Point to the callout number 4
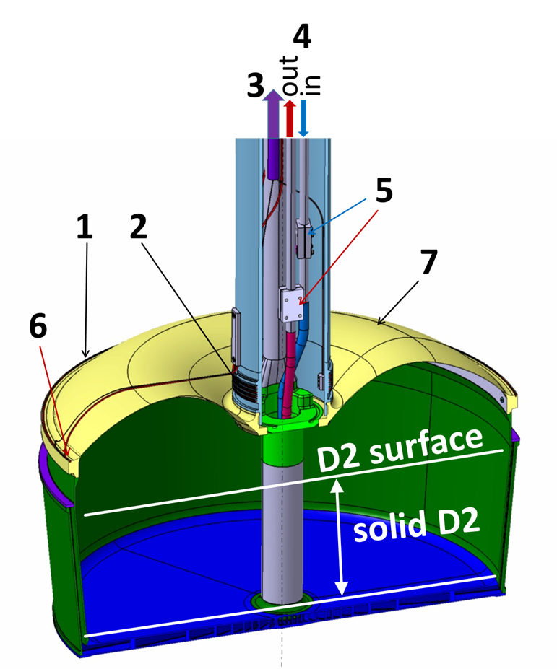(x=303, y=35)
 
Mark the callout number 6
(x=38, y=328)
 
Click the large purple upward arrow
(x=273, y=115)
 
